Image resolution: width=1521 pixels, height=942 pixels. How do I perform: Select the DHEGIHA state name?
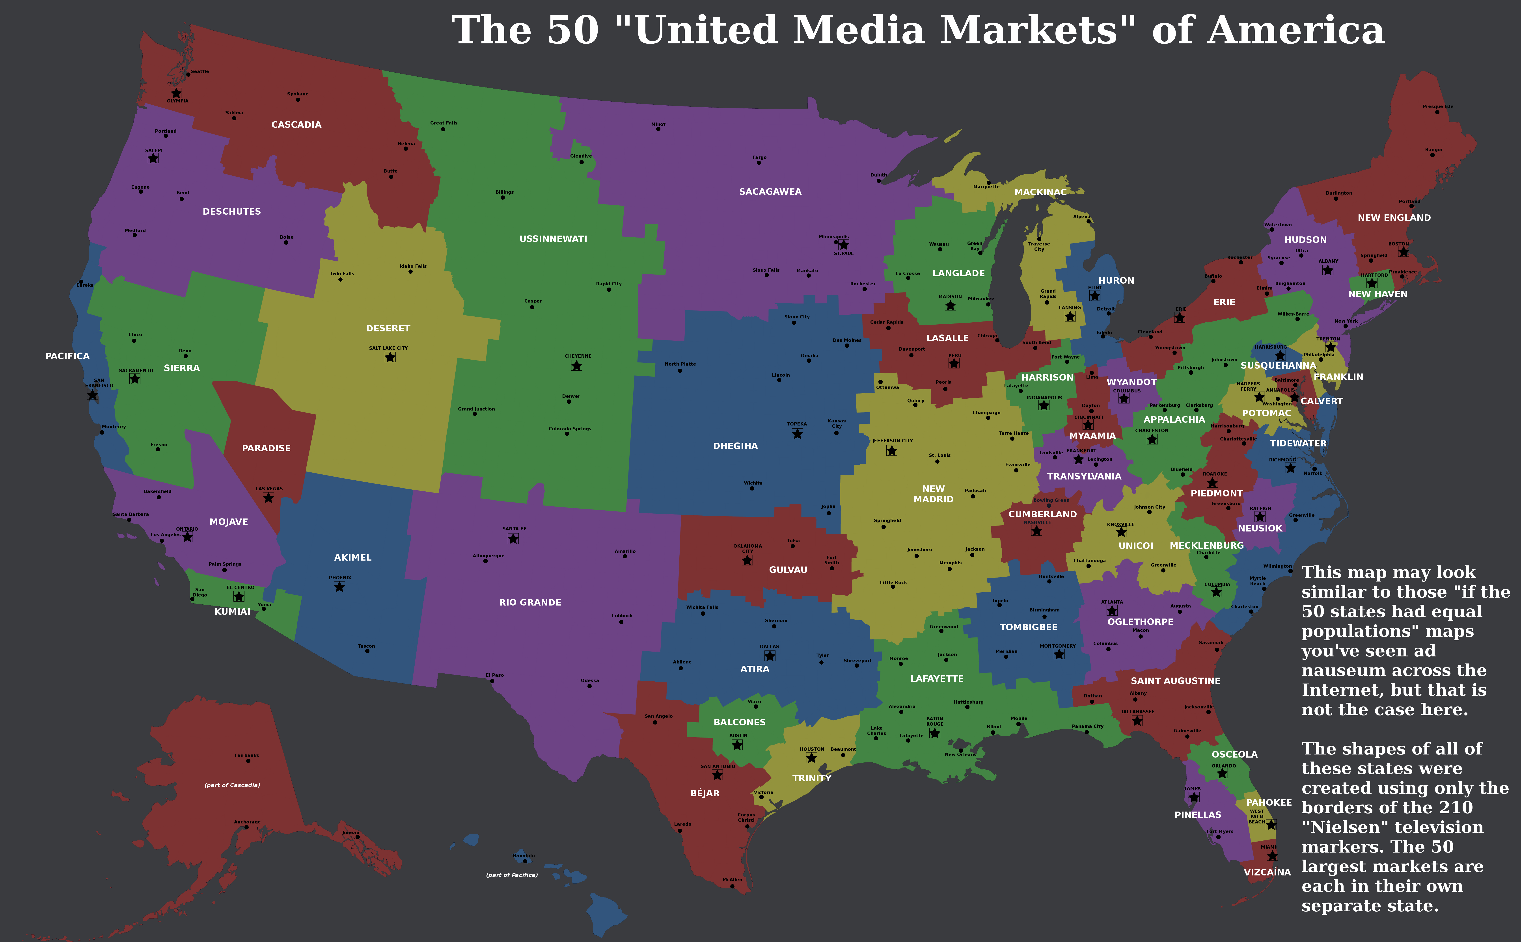point(735,446)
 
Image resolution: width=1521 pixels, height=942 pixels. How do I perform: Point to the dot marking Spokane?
point(298,100)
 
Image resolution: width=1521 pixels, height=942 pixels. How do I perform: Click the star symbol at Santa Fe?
point(513,538)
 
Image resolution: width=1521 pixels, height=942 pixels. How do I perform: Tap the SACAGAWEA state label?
point(770,192)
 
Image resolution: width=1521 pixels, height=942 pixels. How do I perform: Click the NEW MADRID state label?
point(933,494)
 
